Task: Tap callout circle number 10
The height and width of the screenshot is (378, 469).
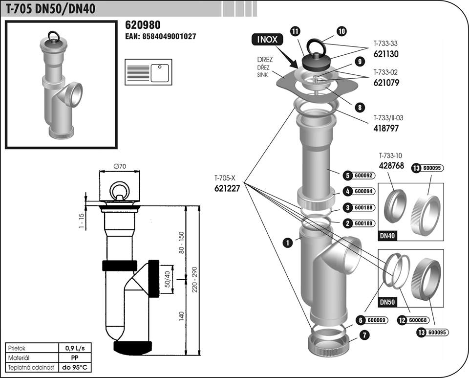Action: point(341,31)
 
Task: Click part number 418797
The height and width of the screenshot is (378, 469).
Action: point(386,127)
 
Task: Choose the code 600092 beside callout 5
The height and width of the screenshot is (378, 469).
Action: point(362,175)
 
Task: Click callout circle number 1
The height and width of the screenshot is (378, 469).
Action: point(288,242)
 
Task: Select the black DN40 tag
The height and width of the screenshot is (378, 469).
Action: point(387,236)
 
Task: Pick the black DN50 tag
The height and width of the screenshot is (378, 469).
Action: point(387,302)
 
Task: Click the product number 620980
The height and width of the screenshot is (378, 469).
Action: point(143,25)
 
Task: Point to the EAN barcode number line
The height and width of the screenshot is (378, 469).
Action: point(161,37)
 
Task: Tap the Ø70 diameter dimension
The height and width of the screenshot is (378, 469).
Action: point(120,166)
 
